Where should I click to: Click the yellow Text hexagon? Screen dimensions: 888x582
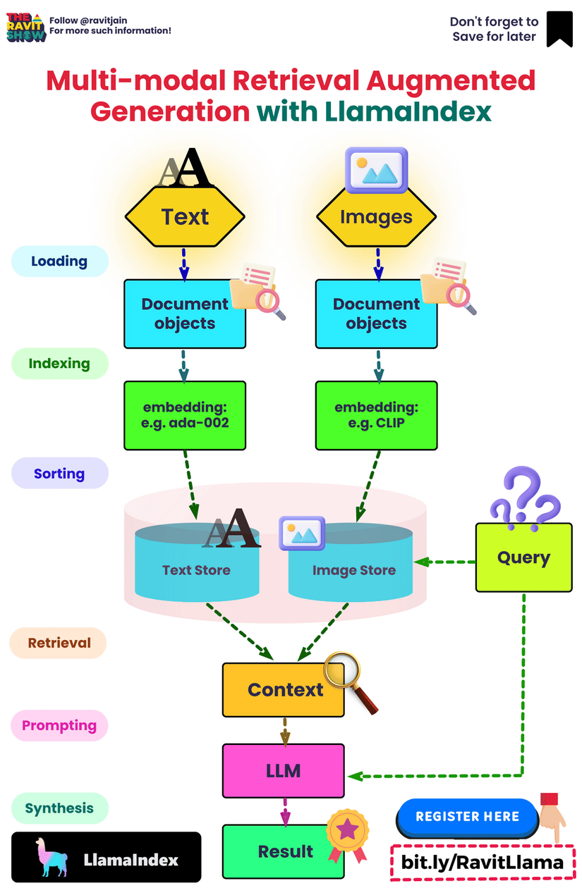click(185, 217)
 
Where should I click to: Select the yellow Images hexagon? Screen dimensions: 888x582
click(376, 217)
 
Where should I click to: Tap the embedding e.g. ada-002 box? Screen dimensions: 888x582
click(185, 415)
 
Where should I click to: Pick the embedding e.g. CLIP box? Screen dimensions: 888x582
click(376, 415)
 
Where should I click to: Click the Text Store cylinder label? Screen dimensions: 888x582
click(196, 570)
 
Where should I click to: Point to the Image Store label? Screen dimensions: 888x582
click(354, 570)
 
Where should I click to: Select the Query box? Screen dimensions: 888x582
click(523, 557)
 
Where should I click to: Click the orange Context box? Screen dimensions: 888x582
click(284, 690)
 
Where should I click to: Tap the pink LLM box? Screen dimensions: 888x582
click(284, 771)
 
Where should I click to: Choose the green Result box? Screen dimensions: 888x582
click(284, 851)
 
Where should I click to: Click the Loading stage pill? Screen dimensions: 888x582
click(59, 261)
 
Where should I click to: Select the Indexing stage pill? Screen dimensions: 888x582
click(59, 364)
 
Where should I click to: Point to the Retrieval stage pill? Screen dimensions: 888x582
click(59, 643)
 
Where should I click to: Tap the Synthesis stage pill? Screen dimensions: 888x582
click(59, 808)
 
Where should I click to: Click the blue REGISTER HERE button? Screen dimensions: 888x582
click(467, 817)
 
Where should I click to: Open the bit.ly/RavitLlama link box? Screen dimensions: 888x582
click(483, 862)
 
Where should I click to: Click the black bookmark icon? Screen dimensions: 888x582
click(559, 29)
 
